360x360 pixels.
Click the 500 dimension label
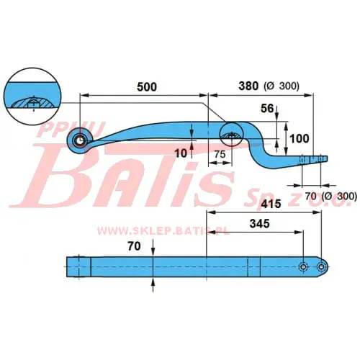click(147, 86)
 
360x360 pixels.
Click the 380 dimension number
click(248, 86)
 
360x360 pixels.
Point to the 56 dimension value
click(267, 109)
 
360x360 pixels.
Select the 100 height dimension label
click(300, 138)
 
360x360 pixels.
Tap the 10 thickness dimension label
click(181, 153)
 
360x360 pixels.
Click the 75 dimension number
click(220, 154)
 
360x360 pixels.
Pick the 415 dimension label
click(271, 204)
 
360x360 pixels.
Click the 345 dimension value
click(260, 224)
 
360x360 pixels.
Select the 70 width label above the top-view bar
click(134, 246)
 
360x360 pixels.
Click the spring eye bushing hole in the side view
click(79, 141)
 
